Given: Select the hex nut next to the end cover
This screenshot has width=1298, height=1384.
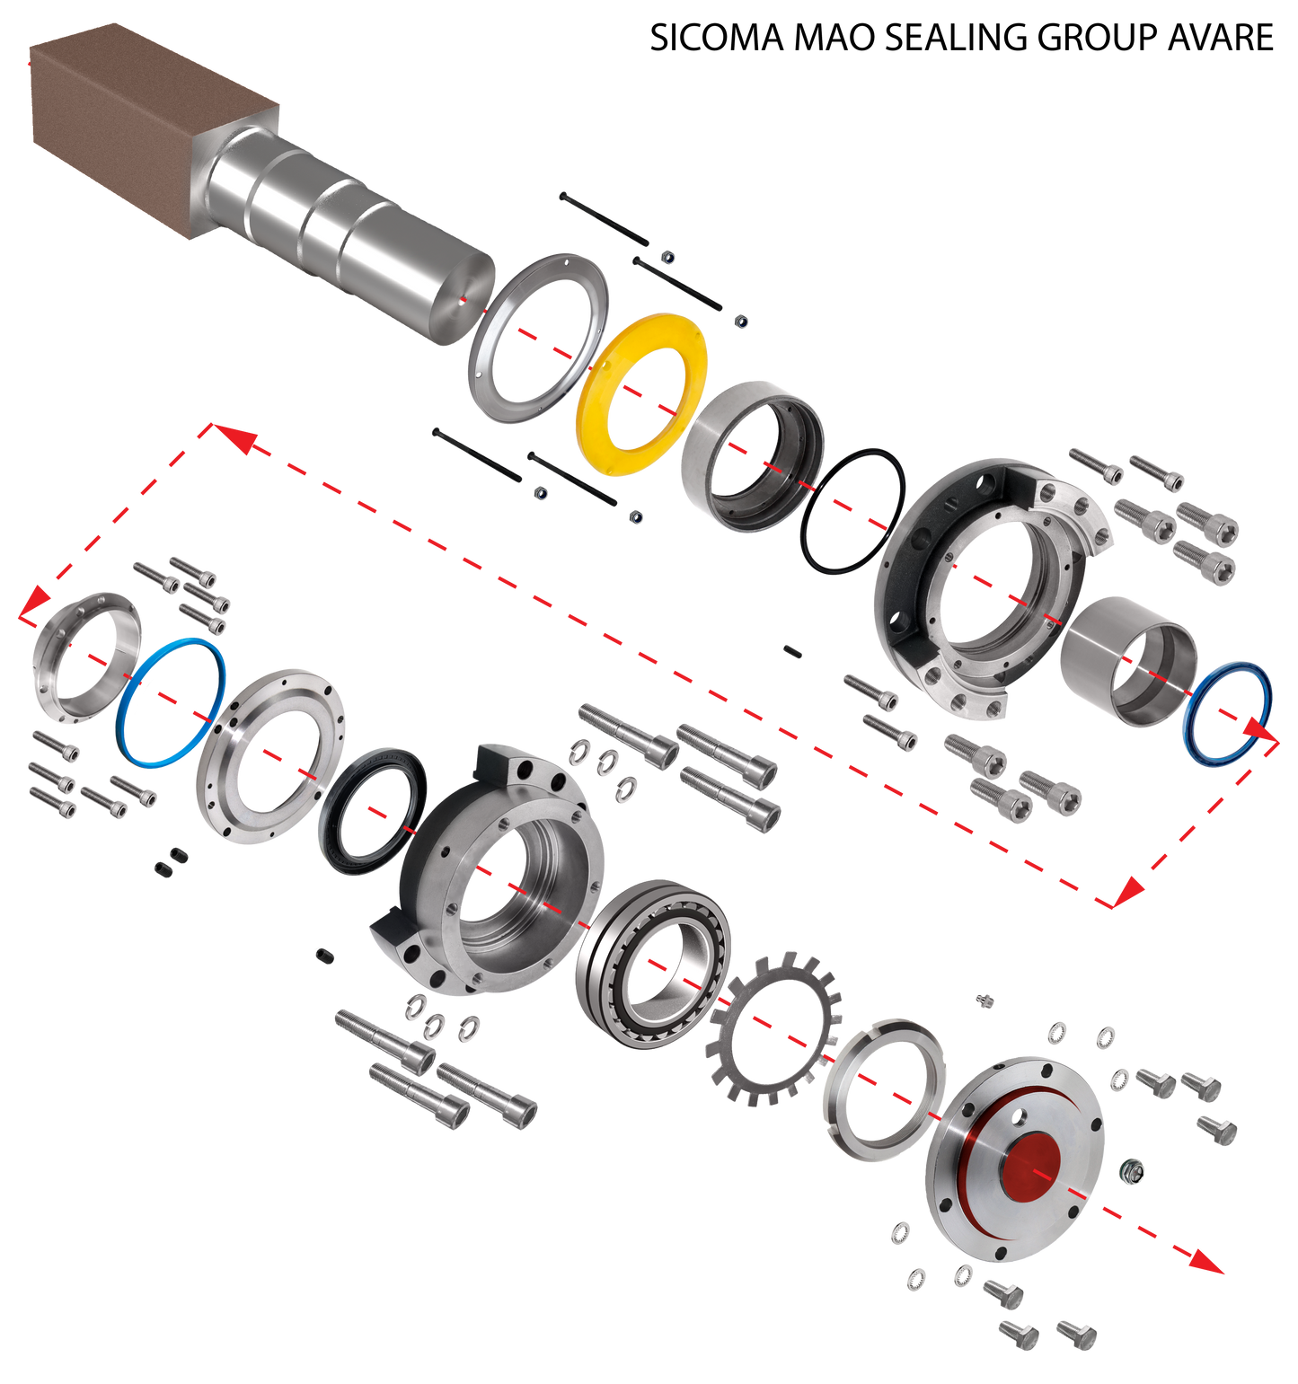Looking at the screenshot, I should pyautogui.click(x=1134, y=1170).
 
